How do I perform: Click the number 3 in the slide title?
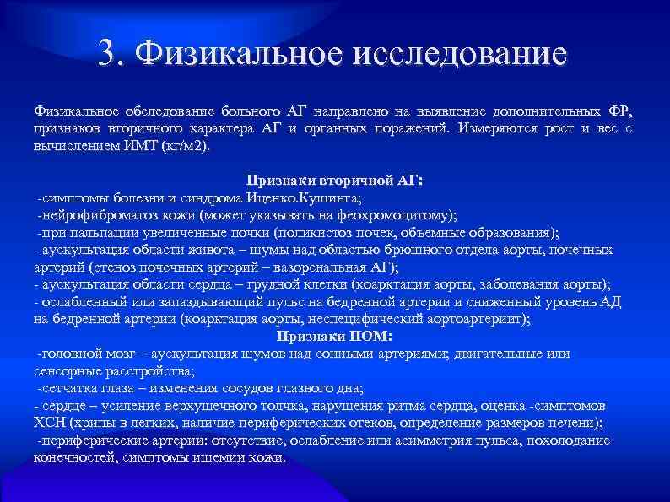coord(107,55)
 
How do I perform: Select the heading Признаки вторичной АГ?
coord(335,181)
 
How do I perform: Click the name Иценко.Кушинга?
coord(307,198)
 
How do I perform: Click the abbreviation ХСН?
coord(50,423)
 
